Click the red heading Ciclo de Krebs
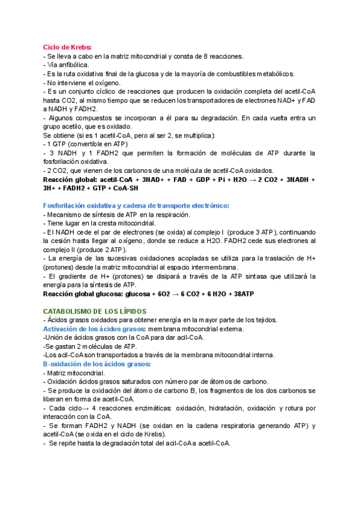tap(67, 47)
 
